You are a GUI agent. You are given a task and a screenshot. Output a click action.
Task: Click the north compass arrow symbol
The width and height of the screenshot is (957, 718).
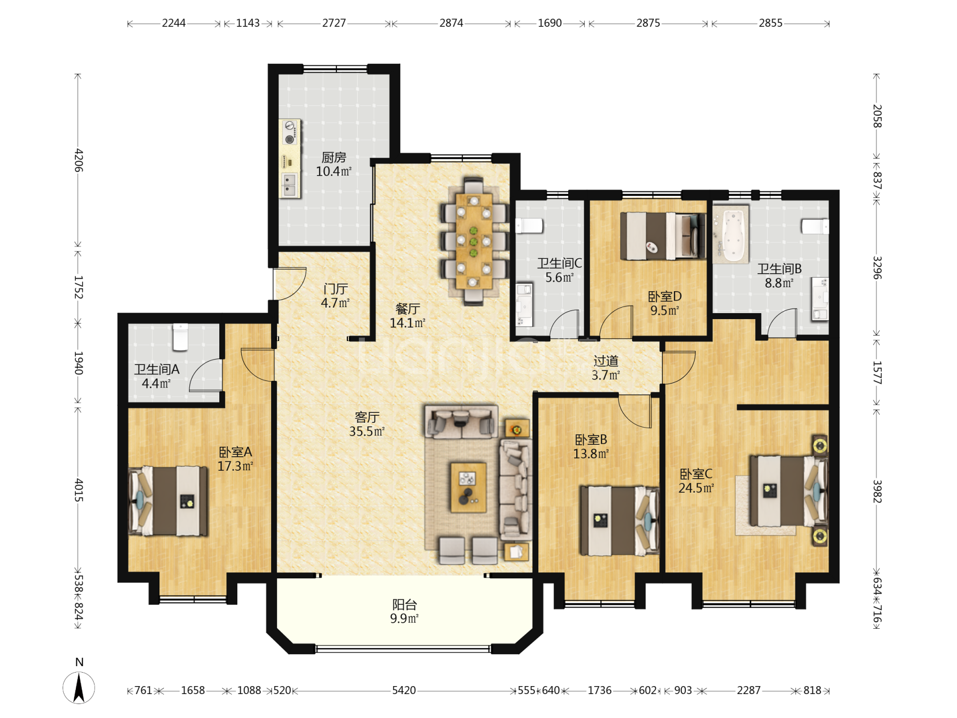pos(79,688)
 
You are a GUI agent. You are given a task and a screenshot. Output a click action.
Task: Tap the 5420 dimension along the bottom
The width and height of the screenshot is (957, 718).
pos(404,690)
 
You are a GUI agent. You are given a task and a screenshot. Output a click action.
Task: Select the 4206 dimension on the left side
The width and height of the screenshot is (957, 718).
pos(79,160)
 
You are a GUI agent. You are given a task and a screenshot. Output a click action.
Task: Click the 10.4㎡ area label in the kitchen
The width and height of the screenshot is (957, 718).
pos(333,171)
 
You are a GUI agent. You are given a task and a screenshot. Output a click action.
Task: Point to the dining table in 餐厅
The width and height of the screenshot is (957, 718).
pos(474,241)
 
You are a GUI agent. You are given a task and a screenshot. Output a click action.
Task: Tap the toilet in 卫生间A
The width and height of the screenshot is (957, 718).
pos(180,337)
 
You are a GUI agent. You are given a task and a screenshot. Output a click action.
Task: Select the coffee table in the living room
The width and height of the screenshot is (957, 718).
pos(468,487)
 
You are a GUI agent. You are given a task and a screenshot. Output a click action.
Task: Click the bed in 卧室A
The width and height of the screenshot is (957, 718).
pos(168,501)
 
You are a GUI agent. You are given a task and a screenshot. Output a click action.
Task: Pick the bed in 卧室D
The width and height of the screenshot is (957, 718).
pos(663,236)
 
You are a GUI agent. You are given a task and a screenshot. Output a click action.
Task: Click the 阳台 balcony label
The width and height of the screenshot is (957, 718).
pos(404,605)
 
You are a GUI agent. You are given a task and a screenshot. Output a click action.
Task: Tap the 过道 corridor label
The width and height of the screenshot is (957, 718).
pos(606,361)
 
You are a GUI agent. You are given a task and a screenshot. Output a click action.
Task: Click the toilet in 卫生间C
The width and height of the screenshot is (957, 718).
pos(529,225)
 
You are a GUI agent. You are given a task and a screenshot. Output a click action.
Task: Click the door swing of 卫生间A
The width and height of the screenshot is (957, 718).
pos(206,375)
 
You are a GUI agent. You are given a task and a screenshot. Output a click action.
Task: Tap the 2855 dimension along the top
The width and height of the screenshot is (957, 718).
pos(770,23)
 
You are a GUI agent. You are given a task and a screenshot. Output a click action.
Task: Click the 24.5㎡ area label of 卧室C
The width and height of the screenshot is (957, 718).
pos(696,488)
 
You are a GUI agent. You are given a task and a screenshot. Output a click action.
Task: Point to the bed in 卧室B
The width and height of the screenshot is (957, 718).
pos(620,521)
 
